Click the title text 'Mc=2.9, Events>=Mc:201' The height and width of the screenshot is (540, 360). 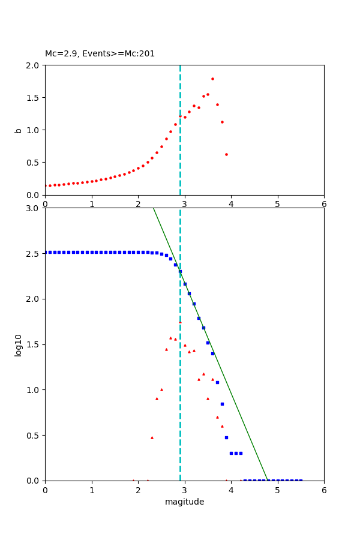click(100, 53)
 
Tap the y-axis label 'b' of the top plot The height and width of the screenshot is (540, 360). click(19, 130)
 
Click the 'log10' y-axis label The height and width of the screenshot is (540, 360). click(19, 344)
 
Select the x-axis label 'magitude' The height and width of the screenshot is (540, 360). click(184, 502)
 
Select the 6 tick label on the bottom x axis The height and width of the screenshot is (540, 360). click(324, 490)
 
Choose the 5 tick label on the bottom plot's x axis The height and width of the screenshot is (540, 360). click(277, 490)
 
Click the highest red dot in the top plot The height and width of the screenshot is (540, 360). click(212, 79)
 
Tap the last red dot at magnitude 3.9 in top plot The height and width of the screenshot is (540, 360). click(226, 154)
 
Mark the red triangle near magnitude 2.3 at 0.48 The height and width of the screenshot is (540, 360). click(152, 437)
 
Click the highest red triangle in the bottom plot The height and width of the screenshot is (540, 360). click(180, 322)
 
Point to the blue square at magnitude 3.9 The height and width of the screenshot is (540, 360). click(226, 437)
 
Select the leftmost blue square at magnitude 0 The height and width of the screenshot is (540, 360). click(46, 252)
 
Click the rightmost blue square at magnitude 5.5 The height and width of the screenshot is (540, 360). click(301, 480)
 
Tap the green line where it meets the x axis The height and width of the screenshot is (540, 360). click(268, 480)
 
